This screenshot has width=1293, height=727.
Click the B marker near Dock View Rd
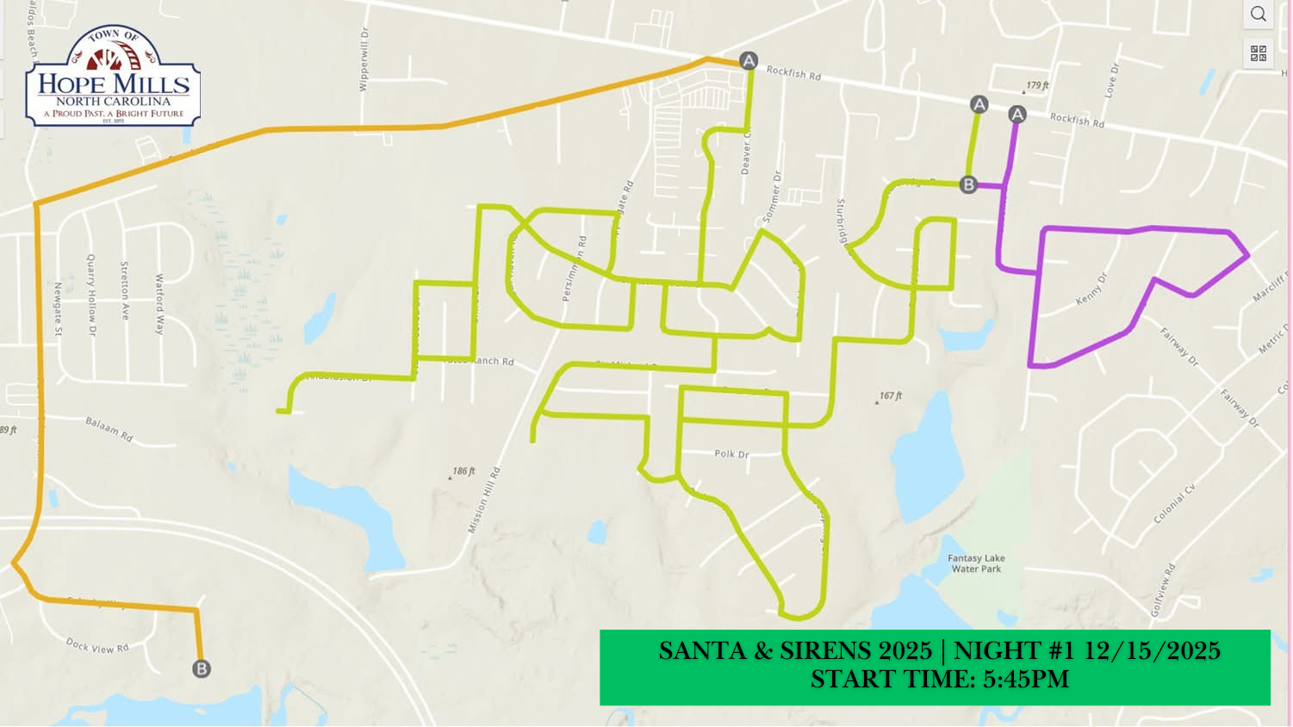click(x=201, y=669)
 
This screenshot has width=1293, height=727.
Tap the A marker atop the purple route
click(x=1017, y=115)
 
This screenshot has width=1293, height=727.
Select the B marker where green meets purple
click(x=968, y=184)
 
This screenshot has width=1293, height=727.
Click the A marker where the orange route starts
click(x=749, y=60)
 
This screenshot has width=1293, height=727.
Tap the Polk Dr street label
click(x=731, y=454)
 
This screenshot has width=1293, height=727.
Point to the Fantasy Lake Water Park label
click(x=976, y=563)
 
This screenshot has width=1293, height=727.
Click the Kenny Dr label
click(x=1091, y=289)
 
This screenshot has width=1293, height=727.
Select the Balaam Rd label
click(x=109, y=429)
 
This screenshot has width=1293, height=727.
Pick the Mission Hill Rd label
click(x=483, y=500)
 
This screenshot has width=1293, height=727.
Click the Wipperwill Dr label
click(x=364, y=59)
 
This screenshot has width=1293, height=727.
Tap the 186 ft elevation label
click(x=463, y=471)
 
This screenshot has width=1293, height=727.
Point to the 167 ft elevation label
click(x=891, y=396)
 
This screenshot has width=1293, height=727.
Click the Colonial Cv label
click(x=1174, y=504)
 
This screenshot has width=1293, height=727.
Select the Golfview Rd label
click(x=1162, y=590)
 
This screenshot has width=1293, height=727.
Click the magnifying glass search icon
click(x=1259, y=14)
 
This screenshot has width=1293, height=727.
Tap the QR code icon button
click(x=1259, y=53)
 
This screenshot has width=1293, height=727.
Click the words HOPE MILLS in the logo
click(x=114, y=84)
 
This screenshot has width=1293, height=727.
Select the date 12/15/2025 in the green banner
click(x=1152, y=650)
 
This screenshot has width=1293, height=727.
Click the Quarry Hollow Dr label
click(x=91, y=295)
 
